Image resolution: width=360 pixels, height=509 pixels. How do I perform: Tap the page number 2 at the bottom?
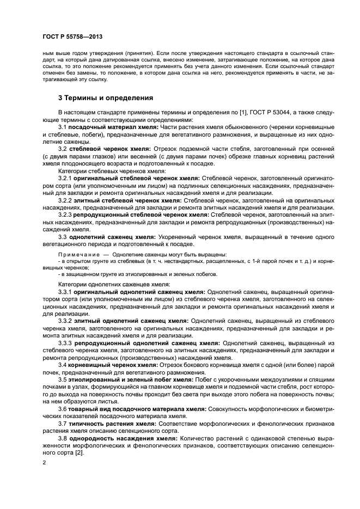coord(44,463)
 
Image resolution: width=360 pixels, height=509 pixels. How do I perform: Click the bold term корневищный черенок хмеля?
coord(116,365)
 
